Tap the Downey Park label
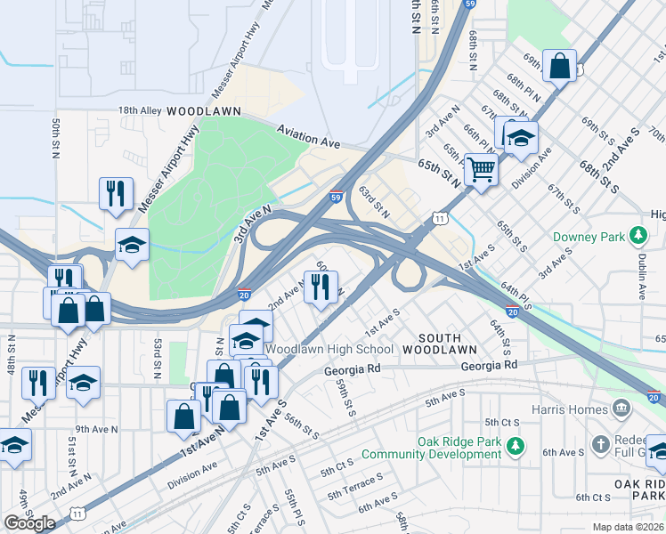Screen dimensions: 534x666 click(589, 237)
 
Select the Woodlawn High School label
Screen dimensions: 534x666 click(329, 349)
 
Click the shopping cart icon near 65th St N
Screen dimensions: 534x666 click(481, 168)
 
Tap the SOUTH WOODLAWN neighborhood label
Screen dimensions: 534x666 click(427, 344)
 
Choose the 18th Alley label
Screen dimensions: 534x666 click(140, 110)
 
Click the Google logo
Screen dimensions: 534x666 click(29, 523)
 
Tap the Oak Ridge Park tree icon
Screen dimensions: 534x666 click(513, 443)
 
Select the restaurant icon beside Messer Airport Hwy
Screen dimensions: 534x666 click(116, 194)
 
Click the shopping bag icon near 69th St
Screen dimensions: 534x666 click(559, 66)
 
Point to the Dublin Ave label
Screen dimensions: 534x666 click(641, 278)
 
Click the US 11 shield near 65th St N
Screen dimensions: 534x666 click(440, 217)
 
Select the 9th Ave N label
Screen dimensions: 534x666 click(92, 428)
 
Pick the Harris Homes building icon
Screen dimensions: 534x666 click(621, 408)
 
